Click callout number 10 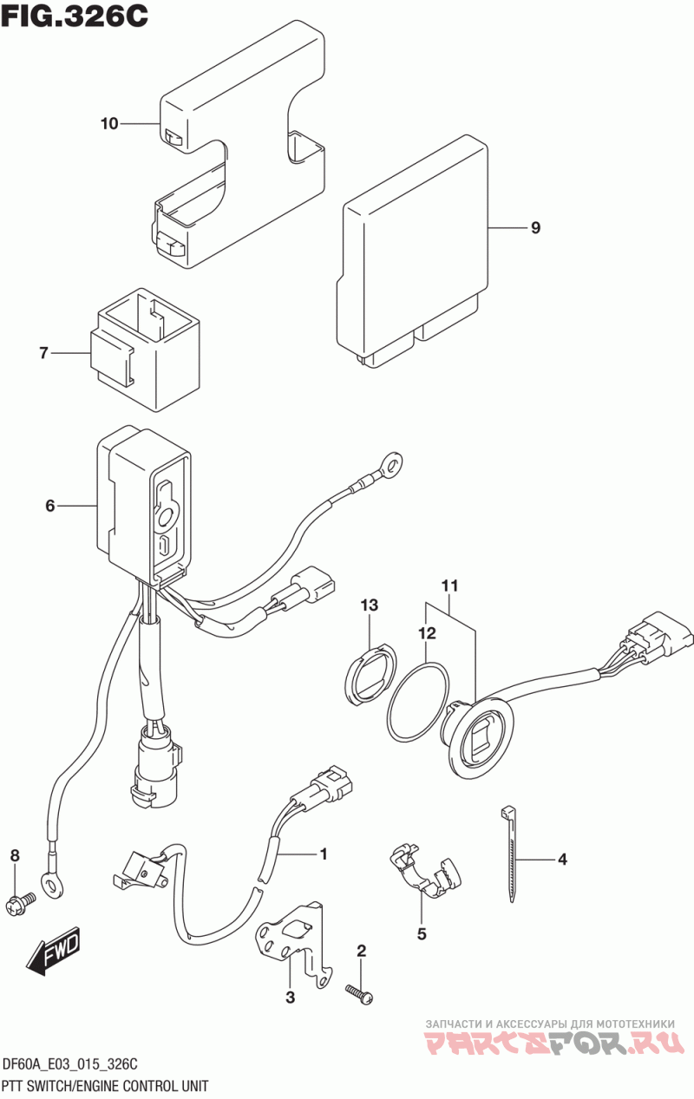(109, 124)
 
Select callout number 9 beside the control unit (535, 227)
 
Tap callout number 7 (43, 353)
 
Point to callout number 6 (50, 506)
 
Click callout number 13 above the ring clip (369, 605)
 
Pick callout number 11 (449, 585)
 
